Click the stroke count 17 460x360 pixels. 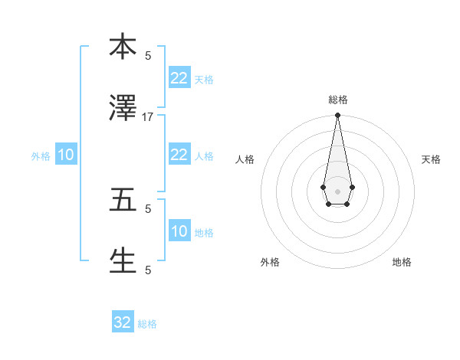coord(148,117)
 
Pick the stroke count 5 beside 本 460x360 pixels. coord(148,55)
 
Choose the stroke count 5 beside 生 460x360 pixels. coord(148,270)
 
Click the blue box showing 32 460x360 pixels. coord(123,322)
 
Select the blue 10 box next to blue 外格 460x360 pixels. coord(66,155)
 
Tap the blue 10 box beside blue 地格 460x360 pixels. coord(179,231)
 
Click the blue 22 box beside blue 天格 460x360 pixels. coord(179,78)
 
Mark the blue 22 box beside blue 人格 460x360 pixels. coord(179,155)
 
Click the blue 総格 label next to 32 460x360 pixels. coord(147,324)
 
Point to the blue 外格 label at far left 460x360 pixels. coord(41,156)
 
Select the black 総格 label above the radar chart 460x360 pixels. coord(337,100)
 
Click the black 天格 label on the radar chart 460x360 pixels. coord(431,159)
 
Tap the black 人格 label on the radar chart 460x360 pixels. coord(245,159)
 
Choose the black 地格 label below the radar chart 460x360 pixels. coord(402,262)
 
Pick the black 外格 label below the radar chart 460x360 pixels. coord(270,262)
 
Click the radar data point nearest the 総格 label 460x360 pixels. coord(337,116)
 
